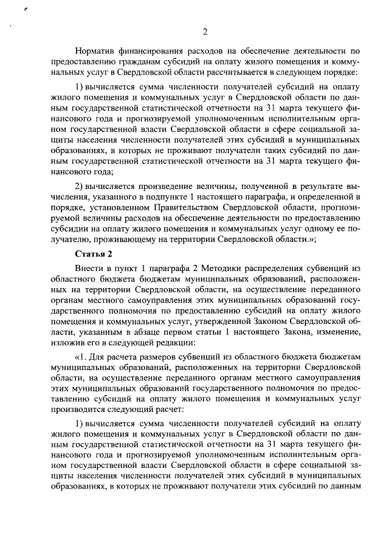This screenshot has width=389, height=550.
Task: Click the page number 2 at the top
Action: coord(205,32)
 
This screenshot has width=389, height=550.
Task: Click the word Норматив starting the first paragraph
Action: coord(97,51)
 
